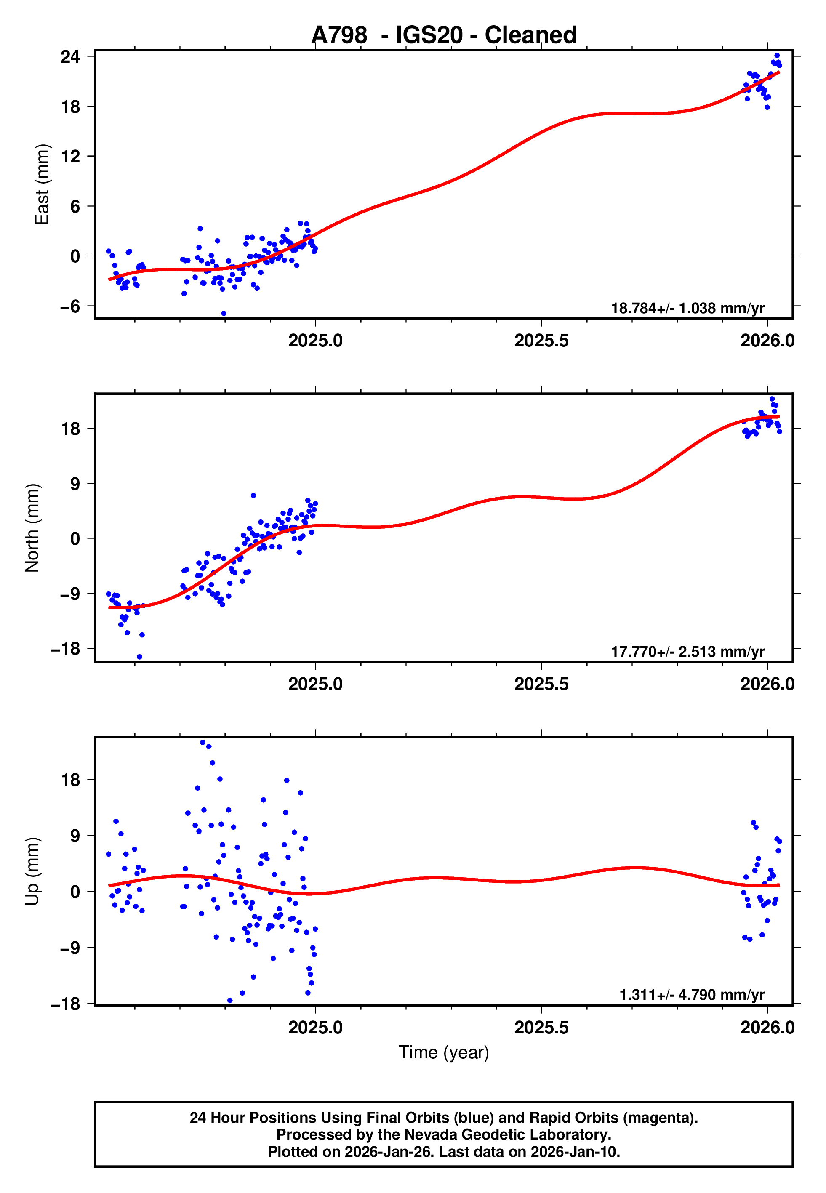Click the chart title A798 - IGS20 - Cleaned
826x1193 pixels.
pos(444,35)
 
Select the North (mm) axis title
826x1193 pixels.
pos(32,528)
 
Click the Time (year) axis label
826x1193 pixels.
pos(444,1052)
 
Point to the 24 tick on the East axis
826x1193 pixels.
pos(70,56)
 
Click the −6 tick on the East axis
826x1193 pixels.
pos(70,306)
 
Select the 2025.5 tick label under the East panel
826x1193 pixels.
pos(541,341)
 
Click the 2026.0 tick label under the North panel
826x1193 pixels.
pos(767,684)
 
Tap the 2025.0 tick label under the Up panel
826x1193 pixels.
pos(315,1027)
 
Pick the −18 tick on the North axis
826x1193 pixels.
pos(66,649)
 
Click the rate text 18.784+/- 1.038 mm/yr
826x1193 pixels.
pos(687,308)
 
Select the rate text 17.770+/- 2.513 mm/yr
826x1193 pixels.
pos(687,652)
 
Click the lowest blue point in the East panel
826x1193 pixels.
pos(224,314)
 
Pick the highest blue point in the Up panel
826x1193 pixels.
pos(203,743)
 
